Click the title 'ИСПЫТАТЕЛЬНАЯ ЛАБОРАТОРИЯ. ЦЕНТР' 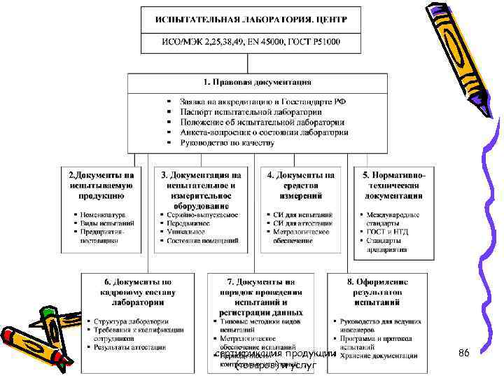(x=251, y=19)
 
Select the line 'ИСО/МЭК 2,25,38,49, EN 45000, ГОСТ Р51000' (x=251, y=42)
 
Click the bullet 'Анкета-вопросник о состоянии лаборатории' (x=263, y=132)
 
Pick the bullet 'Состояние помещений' (x=202, y=241)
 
